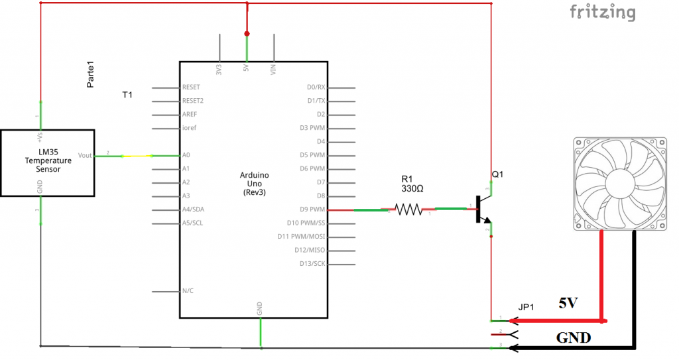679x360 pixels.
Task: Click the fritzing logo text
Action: (x=602, y=13)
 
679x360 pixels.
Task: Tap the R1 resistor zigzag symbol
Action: (x=409, y=210)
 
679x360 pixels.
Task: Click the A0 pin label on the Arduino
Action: (x=186, y=155)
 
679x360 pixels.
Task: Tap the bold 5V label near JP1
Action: (x=568, y=304)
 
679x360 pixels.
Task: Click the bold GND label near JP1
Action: (x=574, y=338)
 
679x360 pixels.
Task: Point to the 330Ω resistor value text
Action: (x=412, y=189)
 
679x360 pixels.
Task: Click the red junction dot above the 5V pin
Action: (x=247, y=33)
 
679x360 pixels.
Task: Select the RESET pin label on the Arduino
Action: (x=192, y=88)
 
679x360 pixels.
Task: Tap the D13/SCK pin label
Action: (x=311, y=264)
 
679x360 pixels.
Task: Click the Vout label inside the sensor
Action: (x=85, y=154)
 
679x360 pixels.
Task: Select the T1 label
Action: (x=127, y=95)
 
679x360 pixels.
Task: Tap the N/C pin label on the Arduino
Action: (x=188, y=291)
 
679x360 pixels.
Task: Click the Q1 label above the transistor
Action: (x=498, y=175)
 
